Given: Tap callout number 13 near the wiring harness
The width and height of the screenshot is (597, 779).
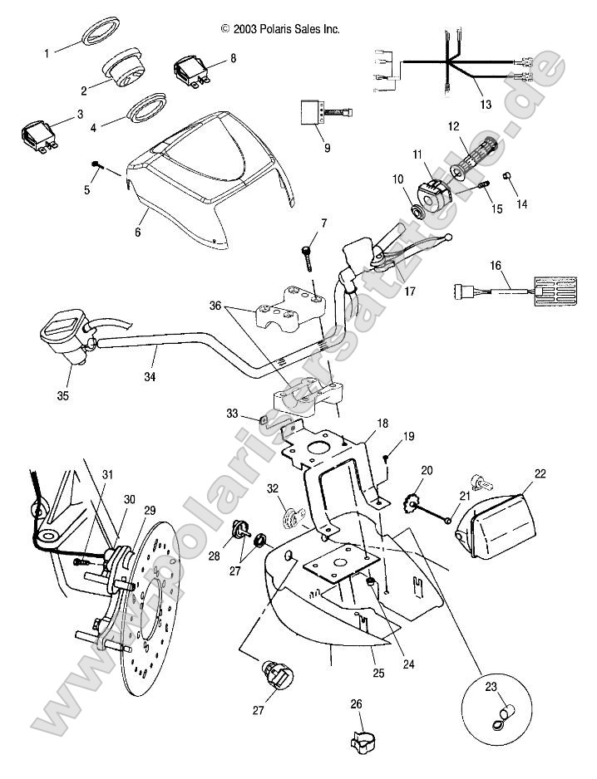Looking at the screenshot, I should pyautogui.click(x=485, y=105).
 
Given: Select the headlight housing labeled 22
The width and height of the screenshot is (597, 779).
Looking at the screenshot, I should pyautogui.click(x=508, y=522).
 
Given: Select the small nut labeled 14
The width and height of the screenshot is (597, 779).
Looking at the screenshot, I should pyautogui.click(x=506, y=176).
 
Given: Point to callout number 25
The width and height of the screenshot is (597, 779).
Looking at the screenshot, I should pyautogui.click(x=377, y=673).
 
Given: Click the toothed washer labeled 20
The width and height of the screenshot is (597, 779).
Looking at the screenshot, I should pyautogui.click(x=409, y=503).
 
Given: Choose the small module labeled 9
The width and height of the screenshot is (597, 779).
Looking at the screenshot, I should pyautogui.click(x=313, y=112).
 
